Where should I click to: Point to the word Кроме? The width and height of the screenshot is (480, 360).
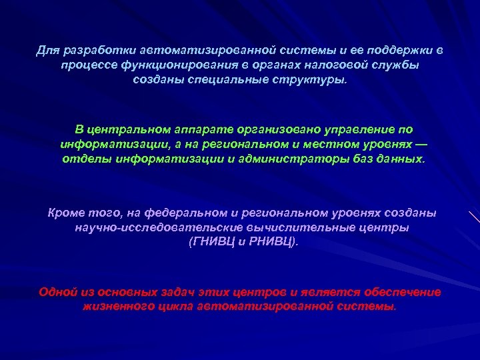pos(65,213)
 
